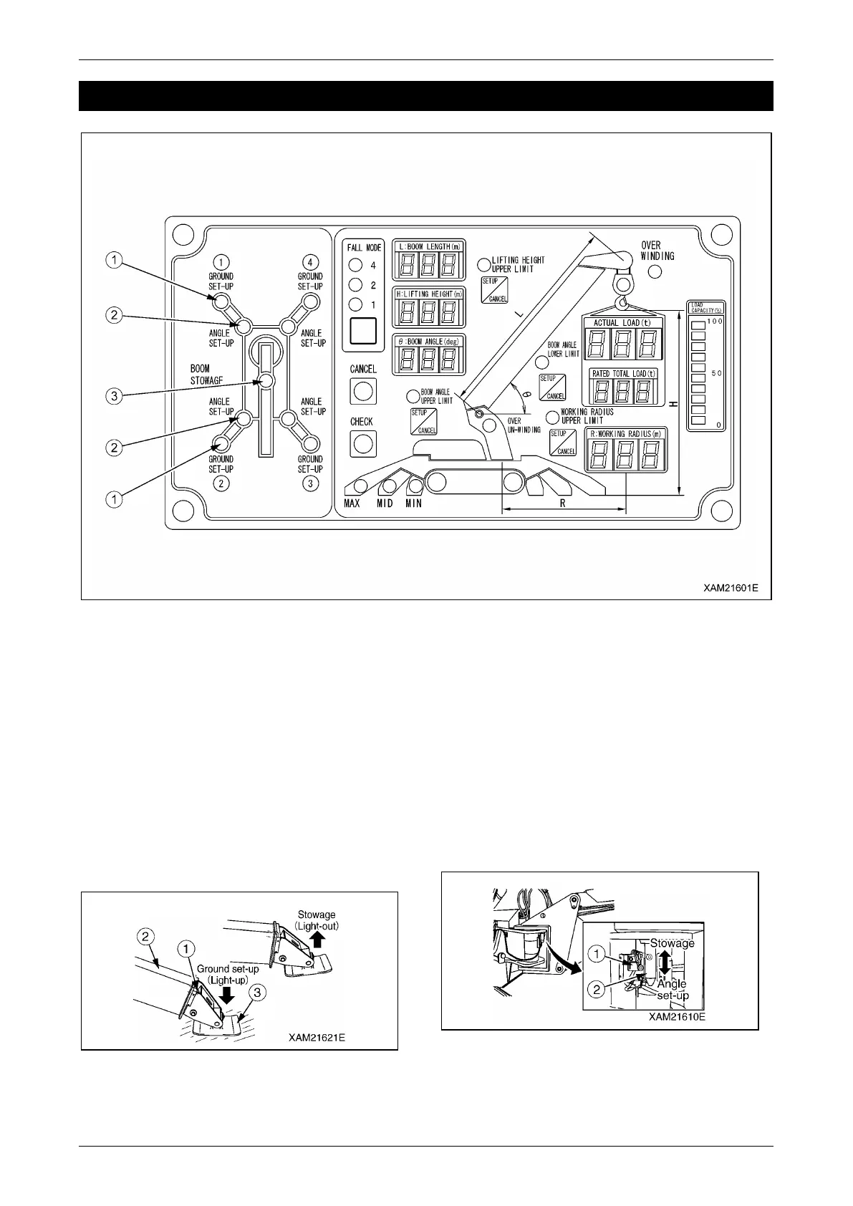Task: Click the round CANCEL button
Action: (362, 391)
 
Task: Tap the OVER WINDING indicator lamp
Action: (655, 271)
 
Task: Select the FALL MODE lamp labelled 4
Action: (355, 266)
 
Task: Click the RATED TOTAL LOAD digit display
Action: (623, 391)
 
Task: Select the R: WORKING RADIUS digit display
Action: (625, 454)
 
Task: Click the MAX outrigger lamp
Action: (362, 486)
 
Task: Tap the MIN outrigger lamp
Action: (414, 487)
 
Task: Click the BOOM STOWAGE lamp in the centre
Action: (266, 381)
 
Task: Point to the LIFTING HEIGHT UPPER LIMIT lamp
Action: (484, 263)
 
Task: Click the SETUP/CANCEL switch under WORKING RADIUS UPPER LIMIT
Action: (562, 443)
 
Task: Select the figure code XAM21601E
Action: (730, 588)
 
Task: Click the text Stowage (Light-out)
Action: (317, 920)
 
